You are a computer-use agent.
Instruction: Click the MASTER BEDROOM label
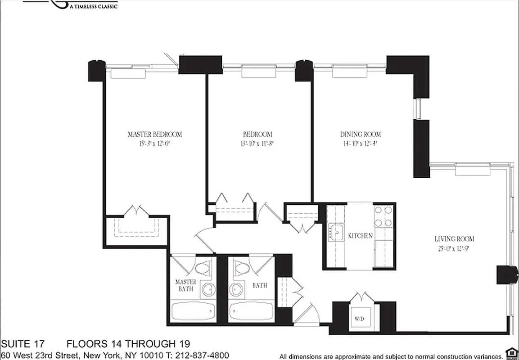pyautogui.click(x=154, y=134)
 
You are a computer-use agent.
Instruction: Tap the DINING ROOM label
pyautogui.click(x=360, y=134)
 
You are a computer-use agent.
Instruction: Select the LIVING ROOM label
pyautogui.click(x=454, y=239)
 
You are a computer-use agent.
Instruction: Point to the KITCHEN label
pyautogui.click(x=360, y=236)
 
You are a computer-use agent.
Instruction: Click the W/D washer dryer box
pyautogui.click(x=359, y=318)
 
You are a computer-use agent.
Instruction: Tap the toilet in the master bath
pyautogui.click(x=203, y=268)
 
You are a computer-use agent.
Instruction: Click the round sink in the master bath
pyautogui.click(x=208, y=289)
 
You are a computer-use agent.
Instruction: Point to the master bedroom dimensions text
pyautogui.click(x=154, y=144)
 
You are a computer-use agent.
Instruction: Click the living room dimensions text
pyautogui.click(x=454, y=248)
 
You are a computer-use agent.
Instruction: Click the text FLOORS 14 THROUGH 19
pyautogui.click(x=128, y=345)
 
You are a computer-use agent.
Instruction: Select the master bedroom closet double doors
pyautogui.click(x=136, y=211)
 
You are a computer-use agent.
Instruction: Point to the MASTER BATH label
pyautogui.click(x=185, y=285)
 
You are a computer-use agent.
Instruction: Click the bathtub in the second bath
pyautogui.click(x=251, y=311)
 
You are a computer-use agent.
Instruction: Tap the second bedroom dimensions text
pyautogui.click(x=257, y=144)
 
